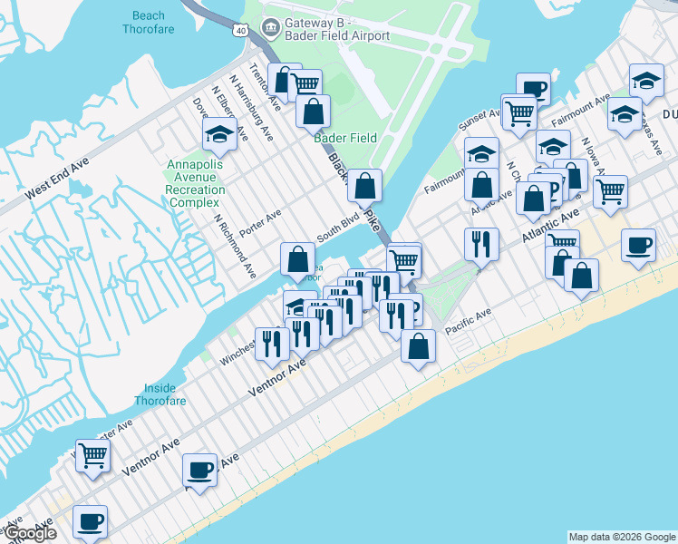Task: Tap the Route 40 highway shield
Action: tap(240, 30)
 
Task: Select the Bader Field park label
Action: tap(345, 138)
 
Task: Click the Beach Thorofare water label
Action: tap(149, 22)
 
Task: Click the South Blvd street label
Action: tap(333, 230)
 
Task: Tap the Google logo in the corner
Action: tap(29, 533)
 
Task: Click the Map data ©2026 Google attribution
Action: tap(622, 537)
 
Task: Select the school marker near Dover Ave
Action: tap(220, 135)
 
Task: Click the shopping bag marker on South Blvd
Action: tap(297, 259)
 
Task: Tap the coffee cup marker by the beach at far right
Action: tap(639, 245)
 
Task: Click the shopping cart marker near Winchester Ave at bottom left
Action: tap(92, 455)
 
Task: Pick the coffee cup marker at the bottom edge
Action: tap(90, 522)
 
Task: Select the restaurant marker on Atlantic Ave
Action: tap(481, 244)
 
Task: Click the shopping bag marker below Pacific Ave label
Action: tap(418, 345)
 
